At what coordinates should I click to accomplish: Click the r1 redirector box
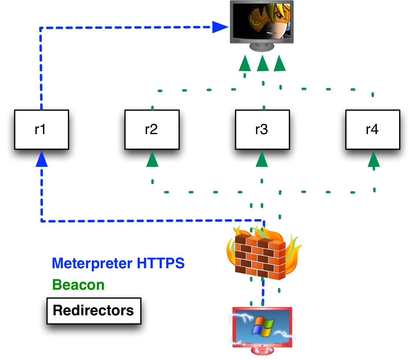pyautogui.click(x=41, y=129)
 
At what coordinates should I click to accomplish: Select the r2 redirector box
pyautogui.click(x=152, y=129)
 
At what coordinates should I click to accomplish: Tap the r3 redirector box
pyautogui.click(x=262, y=129)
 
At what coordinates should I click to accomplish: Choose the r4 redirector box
pyautogui.click(x=373, y=129)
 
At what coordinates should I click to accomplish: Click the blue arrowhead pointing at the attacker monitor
pyautogui.click(x=219, y=27)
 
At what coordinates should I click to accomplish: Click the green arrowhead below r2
pyautogui.click(x=152, y=160)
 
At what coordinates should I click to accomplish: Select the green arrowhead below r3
pyautogui.click(x=262, y=160)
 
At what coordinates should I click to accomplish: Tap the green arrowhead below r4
pyautogui.click(x=374, y=160)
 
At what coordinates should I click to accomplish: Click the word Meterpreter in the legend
pyautogui.click(x=92, y=263)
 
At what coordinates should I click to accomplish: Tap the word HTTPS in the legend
pyautogui.click(x=161, y=263)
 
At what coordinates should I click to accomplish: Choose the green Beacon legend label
pyautogui.click(x=78, y=285)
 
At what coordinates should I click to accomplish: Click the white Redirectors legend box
pyautogui.click(x=94, y=311)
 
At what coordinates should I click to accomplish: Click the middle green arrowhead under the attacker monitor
pyautogui.click(x=263, y=64)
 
